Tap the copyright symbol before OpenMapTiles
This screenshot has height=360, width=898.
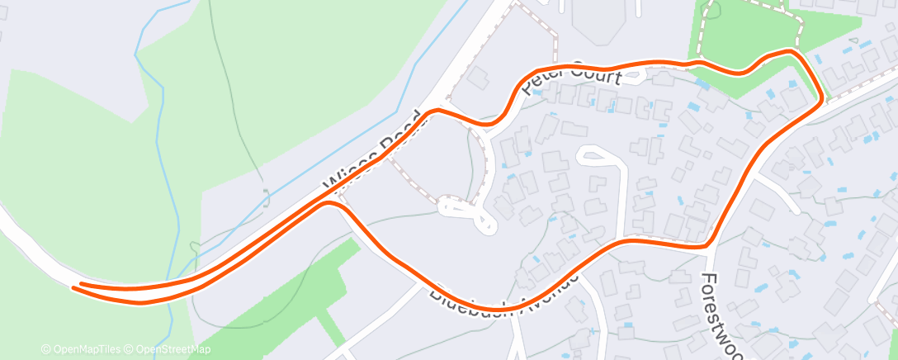click(x=45, y=349)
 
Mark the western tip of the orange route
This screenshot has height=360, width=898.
click(x=75, y=287)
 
